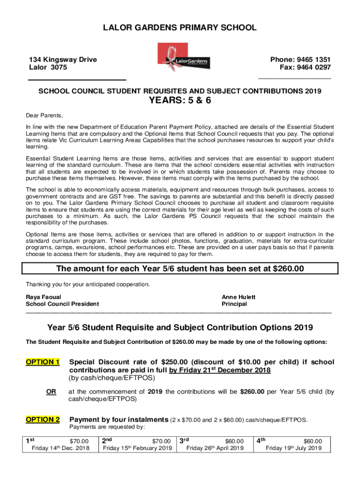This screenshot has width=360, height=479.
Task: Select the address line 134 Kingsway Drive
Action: click(63, 59)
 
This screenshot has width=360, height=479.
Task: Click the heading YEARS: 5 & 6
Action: click(180, 101)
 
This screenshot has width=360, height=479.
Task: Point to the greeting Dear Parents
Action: click(44, 116)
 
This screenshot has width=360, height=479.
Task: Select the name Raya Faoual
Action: click(43, 297)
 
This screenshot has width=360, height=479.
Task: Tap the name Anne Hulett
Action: click(238, 297)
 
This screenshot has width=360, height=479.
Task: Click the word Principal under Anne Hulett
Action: click(234, 304)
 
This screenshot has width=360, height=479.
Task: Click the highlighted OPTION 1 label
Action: click(43, 362)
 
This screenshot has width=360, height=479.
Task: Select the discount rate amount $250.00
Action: click(174, 362)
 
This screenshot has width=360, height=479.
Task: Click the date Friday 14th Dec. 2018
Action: click(60, 449)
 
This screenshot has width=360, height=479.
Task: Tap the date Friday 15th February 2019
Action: click(137, 449)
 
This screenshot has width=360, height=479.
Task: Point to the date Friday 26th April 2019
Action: click(215, 449)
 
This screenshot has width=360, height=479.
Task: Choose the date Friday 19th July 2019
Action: click(294, 449)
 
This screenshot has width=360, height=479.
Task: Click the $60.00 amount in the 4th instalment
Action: click(312, 441)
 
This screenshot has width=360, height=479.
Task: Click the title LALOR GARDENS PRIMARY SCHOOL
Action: click(180, 28)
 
